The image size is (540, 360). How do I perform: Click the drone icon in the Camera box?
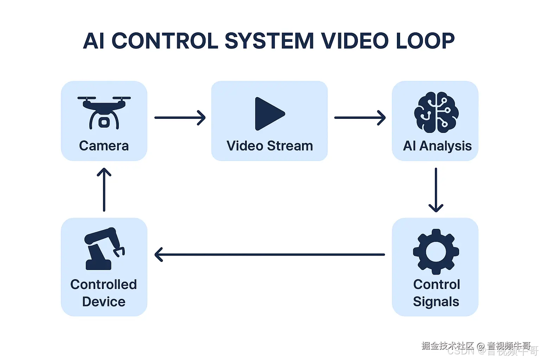tap(104, 112)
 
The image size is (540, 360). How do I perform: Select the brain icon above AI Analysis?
tap(436, 112)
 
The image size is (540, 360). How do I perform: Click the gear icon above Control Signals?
tap(436, 252)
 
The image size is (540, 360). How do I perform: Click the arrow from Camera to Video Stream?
tap(180, 118)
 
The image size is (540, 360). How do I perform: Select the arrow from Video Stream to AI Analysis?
tap(360, 118)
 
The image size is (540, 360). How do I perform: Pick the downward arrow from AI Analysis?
tap(436, 190)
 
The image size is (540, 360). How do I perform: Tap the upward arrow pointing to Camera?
tap(104, 190)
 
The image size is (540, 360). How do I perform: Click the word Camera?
tap(104, 146)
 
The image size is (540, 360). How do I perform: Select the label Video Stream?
tap(270, 146)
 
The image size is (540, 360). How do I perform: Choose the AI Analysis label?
tap(437, 146)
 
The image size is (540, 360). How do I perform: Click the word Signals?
tap(436, 302)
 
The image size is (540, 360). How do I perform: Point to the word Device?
tap(104, 302)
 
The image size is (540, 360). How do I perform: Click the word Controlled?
tap(104, 284)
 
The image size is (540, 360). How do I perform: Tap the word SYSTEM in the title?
tap(269, 41)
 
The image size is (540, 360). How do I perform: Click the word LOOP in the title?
tap(425, 41)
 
